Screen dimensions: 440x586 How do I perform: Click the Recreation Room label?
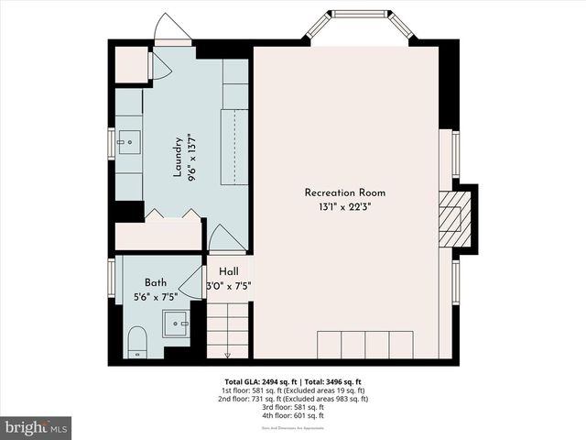345,192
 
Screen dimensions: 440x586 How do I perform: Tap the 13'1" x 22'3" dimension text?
345,207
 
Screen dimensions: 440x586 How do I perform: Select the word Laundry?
179,158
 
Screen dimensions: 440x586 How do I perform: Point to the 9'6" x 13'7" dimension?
192,158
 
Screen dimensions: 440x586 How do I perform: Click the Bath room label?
156,283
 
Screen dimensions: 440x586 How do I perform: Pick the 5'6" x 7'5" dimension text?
156,297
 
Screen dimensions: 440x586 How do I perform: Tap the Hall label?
228,271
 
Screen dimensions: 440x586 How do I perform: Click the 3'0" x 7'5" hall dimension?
229,286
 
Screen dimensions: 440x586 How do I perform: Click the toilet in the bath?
136,340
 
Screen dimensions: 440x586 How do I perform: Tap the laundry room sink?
128,140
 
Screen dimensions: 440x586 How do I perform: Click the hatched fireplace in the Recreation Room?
452,218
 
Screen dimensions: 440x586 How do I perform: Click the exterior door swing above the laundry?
171,29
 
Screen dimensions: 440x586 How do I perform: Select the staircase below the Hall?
228,330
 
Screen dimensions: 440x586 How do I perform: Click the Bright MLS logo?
37,427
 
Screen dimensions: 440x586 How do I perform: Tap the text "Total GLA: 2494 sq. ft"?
259,380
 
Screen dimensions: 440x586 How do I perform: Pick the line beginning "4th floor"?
292,416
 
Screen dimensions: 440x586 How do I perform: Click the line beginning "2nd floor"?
292,399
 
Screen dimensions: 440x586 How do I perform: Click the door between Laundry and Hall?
226,241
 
